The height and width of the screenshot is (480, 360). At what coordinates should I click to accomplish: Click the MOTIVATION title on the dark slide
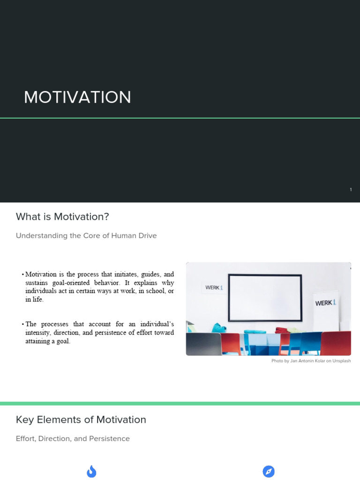(x=77, y=97)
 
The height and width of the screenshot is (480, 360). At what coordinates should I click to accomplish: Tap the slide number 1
(x=351, y=189)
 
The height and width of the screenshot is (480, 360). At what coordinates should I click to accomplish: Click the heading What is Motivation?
(x=62, y=217)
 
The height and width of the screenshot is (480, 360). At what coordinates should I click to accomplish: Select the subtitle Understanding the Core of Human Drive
(x=86, y=236)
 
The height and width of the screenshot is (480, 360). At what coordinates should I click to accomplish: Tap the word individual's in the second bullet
(x=157, y=324)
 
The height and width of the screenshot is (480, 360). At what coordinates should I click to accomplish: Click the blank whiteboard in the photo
(x=265, y=298)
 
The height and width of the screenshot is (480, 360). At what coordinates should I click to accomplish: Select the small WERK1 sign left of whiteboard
(x=214, y=287)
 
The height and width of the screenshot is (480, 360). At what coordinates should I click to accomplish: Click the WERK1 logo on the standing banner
(x=326, y=303)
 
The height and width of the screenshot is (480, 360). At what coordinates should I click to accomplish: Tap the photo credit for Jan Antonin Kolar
(x=311, y=361)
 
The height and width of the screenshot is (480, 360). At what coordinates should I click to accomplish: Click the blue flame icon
(x=91, y=472)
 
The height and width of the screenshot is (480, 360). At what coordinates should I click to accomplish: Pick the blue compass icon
(x=269, y=472)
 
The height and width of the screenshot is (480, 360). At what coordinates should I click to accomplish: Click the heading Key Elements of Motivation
(x=81, y=420)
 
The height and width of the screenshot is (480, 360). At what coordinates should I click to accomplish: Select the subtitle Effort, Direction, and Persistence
(x=73, y=439)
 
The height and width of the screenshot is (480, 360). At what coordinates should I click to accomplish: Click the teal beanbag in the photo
(x=219, y=328)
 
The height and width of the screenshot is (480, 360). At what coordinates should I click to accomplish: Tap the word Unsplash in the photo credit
(x=342, y=361)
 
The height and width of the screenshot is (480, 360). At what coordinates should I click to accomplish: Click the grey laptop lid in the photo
(x=203, y=344)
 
